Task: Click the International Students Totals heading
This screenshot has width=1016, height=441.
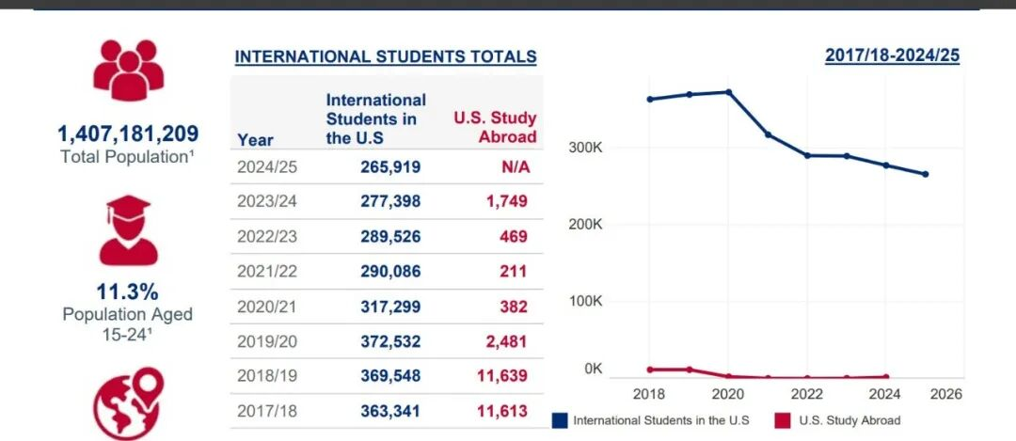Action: [x=386, y=56]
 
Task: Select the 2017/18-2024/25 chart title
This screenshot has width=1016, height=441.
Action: [x=892, y=55]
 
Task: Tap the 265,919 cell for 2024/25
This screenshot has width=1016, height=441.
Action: [x=390, y=166]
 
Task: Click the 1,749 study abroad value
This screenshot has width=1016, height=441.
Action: [x=508, y=201]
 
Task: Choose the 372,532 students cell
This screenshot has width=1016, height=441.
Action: [x=390, y=341]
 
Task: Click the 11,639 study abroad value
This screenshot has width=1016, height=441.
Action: [x=503, y=376]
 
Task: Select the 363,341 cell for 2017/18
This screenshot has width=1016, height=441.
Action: [x=390, y=411]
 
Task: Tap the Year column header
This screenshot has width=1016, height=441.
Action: [x=256, y=140]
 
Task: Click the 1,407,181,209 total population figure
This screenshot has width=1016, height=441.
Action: [x=128, y=134]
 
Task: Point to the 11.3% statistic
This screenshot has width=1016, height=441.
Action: [x=128, y=291]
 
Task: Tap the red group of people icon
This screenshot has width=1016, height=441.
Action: [x=128, y=71]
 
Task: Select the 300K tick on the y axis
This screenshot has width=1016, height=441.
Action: [x=586, y=149]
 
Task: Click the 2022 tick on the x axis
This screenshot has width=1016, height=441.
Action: [x=807, y=394]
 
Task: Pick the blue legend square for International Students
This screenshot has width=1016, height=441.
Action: [x=561, y=420]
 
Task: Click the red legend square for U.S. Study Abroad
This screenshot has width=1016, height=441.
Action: [x=782, y=420]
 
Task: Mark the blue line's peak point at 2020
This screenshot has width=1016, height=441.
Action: [x=728, y=92]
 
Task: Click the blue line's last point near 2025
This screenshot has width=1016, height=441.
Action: [x=926, y=174]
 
